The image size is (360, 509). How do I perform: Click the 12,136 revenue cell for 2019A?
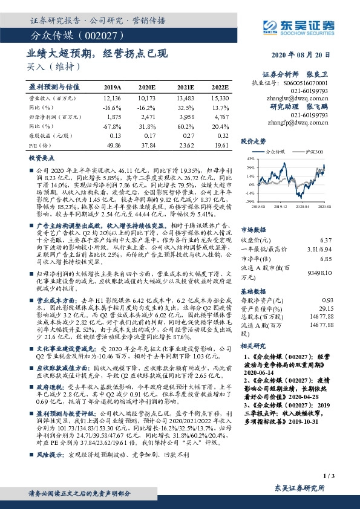point(113,97)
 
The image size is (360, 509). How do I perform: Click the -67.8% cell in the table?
point(113,125)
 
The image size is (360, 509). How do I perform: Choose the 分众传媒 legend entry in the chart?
point(279,153)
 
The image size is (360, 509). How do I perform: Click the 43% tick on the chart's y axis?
point(249,158)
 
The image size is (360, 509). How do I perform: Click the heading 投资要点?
point(42,157)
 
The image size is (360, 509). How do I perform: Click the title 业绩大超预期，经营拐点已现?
point(97,53)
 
